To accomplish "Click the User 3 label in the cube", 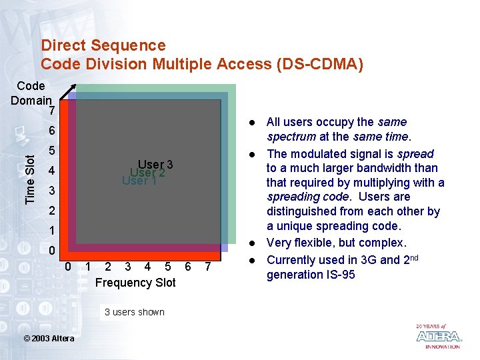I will click(x=155, y=165).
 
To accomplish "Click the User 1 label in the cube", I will click(x=139, y=180).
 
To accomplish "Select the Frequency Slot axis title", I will click(x=135, y=283).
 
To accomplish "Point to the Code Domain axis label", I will click(x=31, y=93).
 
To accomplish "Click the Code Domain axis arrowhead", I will click(x=74, y=87).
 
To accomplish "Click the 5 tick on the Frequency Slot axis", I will click(x=167, y=267).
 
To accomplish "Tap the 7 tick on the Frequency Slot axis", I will click(x=208, y=267).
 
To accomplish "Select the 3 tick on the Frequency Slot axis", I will click(x=127, y=267).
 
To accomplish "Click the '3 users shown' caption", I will click(x=134, y=312).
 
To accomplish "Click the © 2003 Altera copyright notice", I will click(x=49, y=339).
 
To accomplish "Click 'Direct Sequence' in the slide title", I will click(x=103, y=45).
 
